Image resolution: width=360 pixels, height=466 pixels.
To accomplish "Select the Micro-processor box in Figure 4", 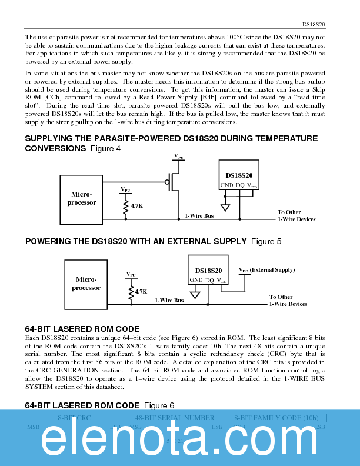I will [82, 198].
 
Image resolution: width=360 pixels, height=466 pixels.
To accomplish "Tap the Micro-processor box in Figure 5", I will [86, 284].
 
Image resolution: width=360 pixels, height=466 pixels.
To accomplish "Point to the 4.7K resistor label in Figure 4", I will [137, 205].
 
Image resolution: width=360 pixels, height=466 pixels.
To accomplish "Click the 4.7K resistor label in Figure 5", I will [141, 291].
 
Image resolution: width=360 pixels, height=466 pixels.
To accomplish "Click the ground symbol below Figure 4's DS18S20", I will [225, 207].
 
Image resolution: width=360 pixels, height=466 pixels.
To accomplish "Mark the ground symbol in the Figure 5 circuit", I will [195, 294].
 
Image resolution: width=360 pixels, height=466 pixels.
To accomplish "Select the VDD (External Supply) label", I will [266, 270].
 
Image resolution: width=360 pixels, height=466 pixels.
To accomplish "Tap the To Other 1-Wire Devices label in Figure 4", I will [296, 215].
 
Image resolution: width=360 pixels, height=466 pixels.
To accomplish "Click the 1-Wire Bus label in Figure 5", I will [169, 300].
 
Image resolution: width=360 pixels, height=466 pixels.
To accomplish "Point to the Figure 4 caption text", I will [106, 148].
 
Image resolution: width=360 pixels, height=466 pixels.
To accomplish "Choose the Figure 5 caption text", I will [266, 241].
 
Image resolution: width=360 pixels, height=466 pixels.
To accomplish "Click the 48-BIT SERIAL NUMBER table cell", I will [175, 417].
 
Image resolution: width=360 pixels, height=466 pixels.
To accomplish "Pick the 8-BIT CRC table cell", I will [75, 417].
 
